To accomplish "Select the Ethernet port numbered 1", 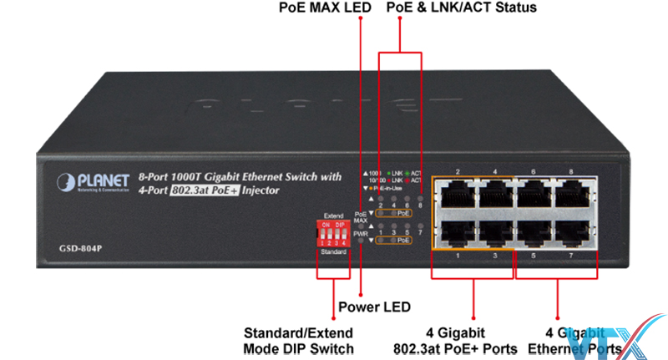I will pos(458,235).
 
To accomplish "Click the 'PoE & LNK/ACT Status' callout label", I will pos(462,8).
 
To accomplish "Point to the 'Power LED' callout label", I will pos(374,306).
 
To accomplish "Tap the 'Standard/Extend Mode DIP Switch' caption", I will pos(298,340).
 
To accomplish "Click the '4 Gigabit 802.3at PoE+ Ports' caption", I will pos(455,340).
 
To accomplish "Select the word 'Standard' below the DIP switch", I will pos(333,251).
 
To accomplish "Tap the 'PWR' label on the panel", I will pos(360,235).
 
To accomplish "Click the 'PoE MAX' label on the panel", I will pos(361,216).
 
